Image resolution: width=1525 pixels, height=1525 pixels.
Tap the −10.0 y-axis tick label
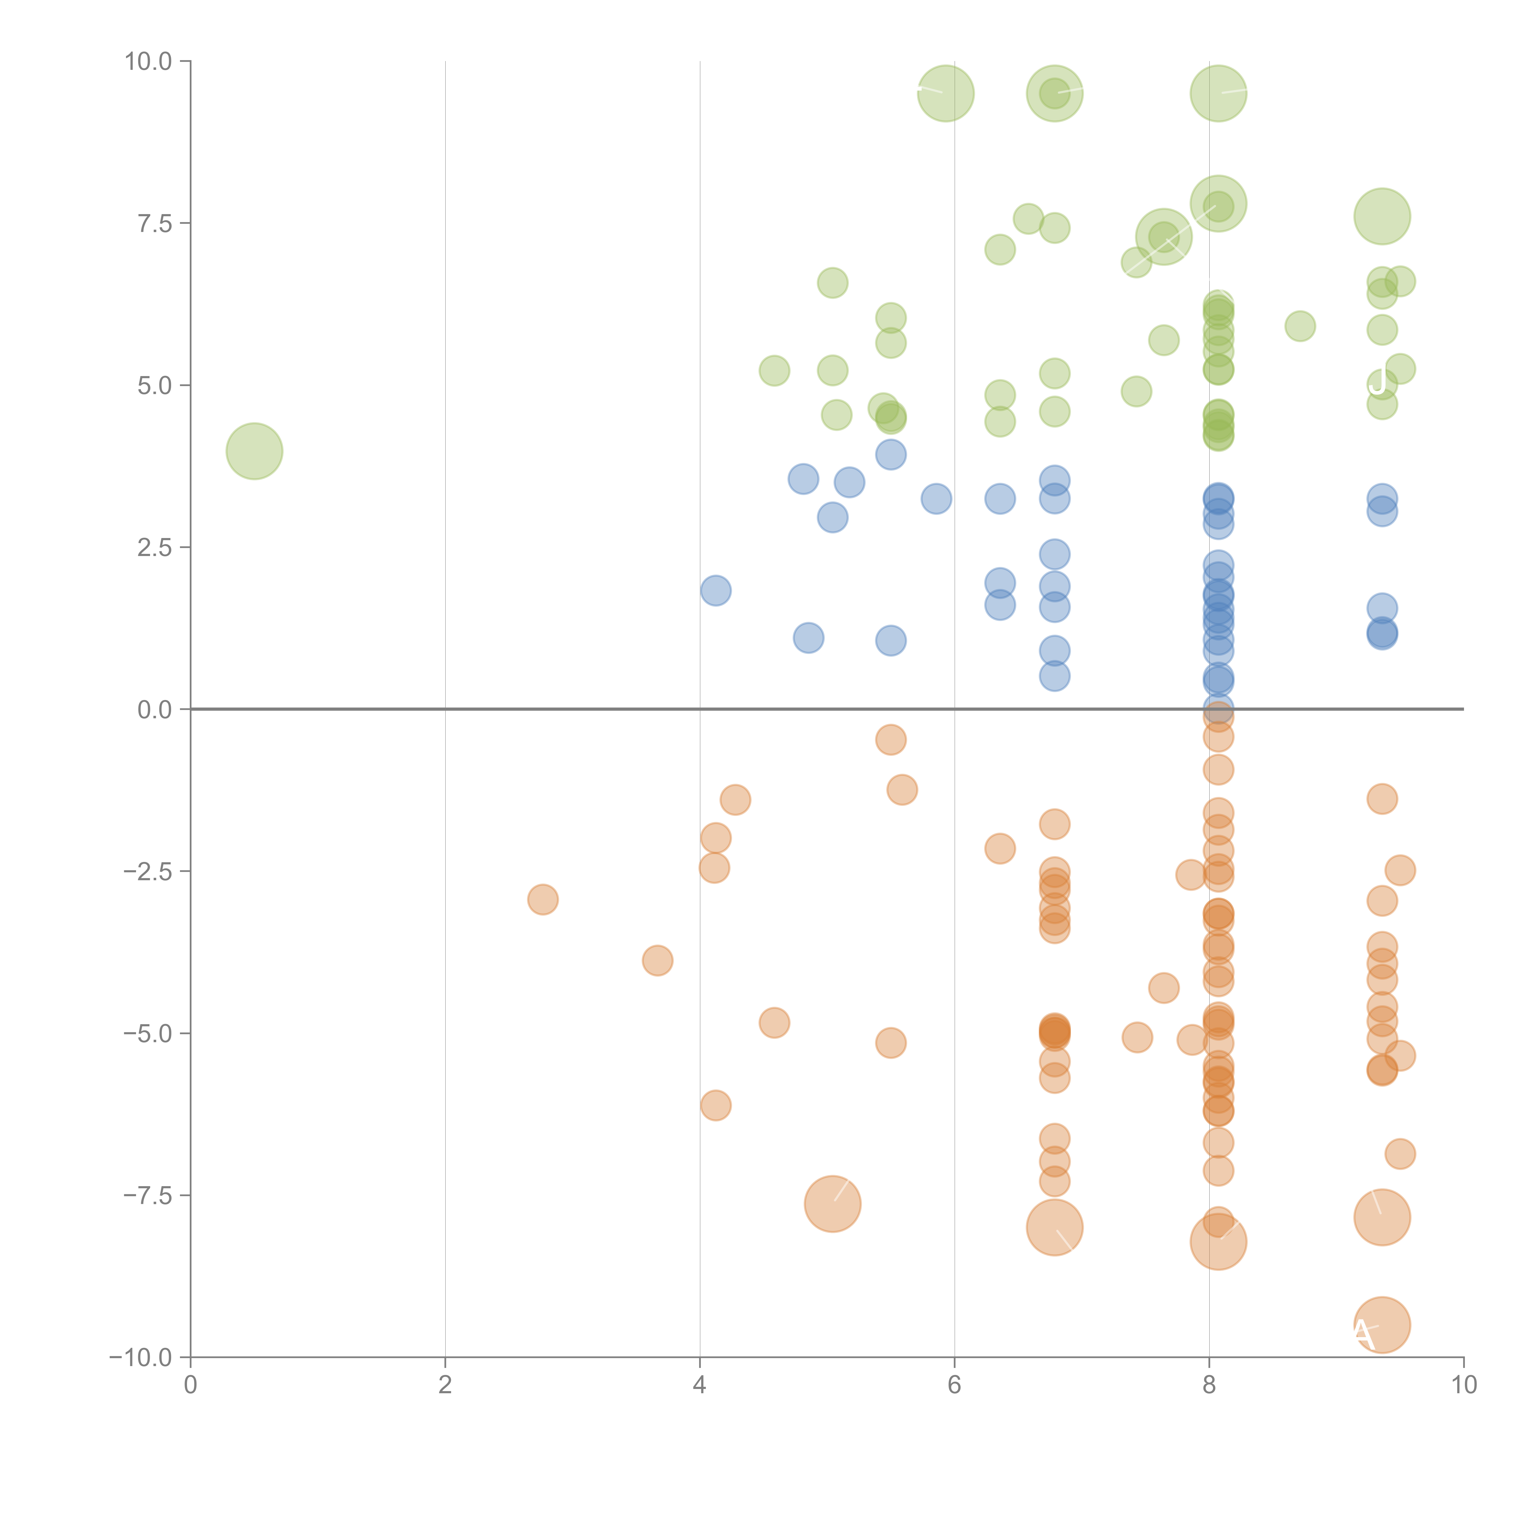tap(141, 1358)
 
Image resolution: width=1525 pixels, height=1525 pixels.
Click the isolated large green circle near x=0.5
tap(254, 451)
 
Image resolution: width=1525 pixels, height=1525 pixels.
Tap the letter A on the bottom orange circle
tap(1363, 1333)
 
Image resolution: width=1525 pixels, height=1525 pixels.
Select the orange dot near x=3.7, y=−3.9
tap(658, 961)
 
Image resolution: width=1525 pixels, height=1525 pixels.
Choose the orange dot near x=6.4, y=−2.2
tap(1000, 849)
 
